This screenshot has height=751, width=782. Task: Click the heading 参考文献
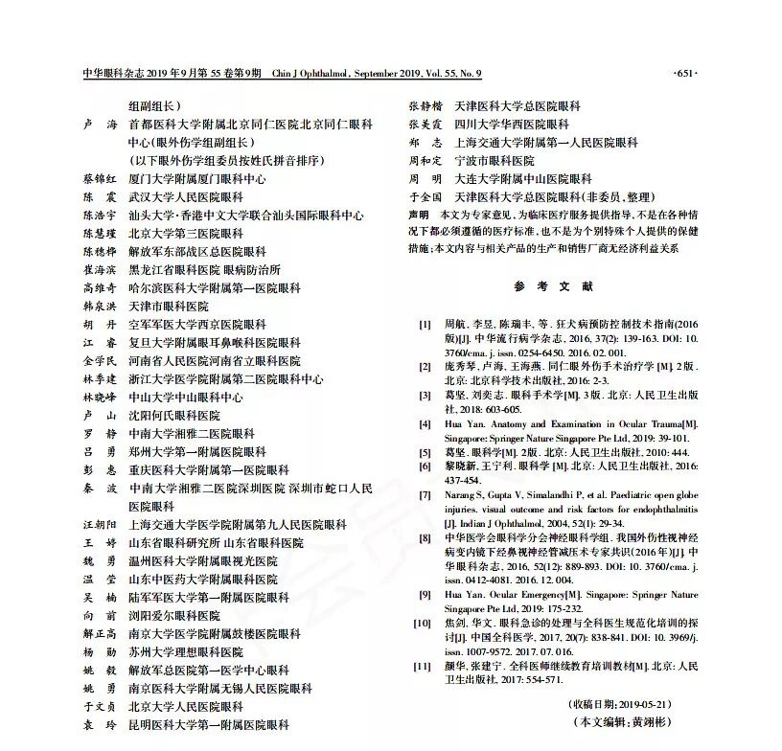(x=553, y=286)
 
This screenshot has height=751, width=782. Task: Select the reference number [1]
(x=424, y=324)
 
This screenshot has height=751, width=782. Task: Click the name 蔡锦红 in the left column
(x=101, y=179)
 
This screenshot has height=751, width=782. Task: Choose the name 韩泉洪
(x=101, y=306)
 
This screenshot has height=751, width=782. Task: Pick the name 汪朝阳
(x=101, y=525)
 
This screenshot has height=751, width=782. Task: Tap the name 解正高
(x=101, y=633)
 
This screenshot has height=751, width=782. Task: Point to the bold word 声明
(x=418, y=215)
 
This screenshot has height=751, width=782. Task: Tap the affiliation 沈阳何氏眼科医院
(x=174, y=415)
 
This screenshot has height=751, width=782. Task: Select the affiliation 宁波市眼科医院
(x=494, y=161)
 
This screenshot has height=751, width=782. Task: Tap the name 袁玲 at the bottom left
(x=101, y=724)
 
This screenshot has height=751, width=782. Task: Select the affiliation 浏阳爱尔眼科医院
(x=174, y=615)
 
